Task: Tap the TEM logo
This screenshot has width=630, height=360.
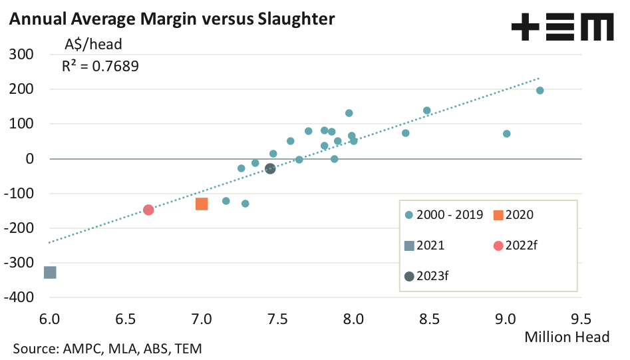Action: click(x=562, y=28)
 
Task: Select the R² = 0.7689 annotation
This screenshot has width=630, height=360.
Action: click(x=100, y=66)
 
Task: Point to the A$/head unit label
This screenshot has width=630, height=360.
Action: click(x=92, y=45)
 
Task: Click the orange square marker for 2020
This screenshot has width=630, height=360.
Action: click(x=202, y=204)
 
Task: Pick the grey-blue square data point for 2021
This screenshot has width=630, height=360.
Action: click(x=50, y=272)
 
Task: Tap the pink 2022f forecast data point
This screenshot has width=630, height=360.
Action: click(x=149, y=210)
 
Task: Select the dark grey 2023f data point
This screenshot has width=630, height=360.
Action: click(x=270, y=169)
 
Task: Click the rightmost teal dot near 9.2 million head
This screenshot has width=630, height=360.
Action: click(x=540, y=90)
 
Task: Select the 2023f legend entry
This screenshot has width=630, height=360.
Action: click(x=427, y=277)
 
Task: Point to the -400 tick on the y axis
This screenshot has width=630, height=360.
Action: click(x=21, y=297)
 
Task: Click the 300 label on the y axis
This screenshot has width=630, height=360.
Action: click(x=23, y=54)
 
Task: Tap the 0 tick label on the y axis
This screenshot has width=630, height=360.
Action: click(x=30, y=158)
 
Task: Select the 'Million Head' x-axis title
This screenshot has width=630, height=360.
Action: click(x=567, y=337)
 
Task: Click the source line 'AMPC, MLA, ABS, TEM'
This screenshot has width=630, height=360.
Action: click(x=106, y=348)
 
